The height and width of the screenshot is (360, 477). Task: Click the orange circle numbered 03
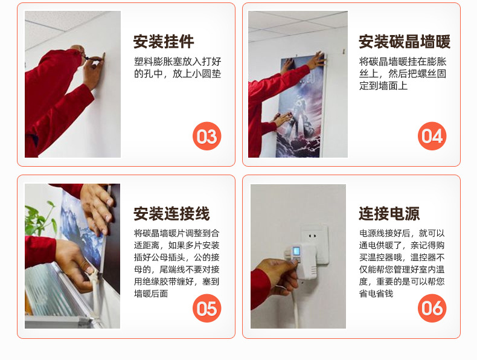[x=207, y=136]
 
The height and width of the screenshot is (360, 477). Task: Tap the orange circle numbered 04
[x=432, y=136]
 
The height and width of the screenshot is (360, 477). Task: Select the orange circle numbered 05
[x=207, y=308]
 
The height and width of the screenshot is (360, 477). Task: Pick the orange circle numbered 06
[x=432, y=308]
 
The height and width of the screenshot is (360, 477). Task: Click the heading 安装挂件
[x=164, y=42]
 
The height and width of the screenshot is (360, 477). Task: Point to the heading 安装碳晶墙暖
[x=405, y=42]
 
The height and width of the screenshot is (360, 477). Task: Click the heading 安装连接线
[x=171, y=214]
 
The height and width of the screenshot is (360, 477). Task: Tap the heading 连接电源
[x=389, y=214]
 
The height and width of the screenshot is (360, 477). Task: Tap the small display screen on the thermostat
[x=296, y=252]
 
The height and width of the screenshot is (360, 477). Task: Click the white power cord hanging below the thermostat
[x=295, y=307]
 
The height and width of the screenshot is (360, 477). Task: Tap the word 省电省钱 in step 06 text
[x=376, y=294]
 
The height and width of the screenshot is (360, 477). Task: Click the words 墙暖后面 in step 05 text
[x=151, y=294]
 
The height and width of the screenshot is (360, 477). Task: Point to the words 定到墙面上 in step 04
[x=383, y=86]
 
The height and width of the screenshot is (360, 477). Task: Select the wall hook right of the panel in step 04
[x=344, y=51]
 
